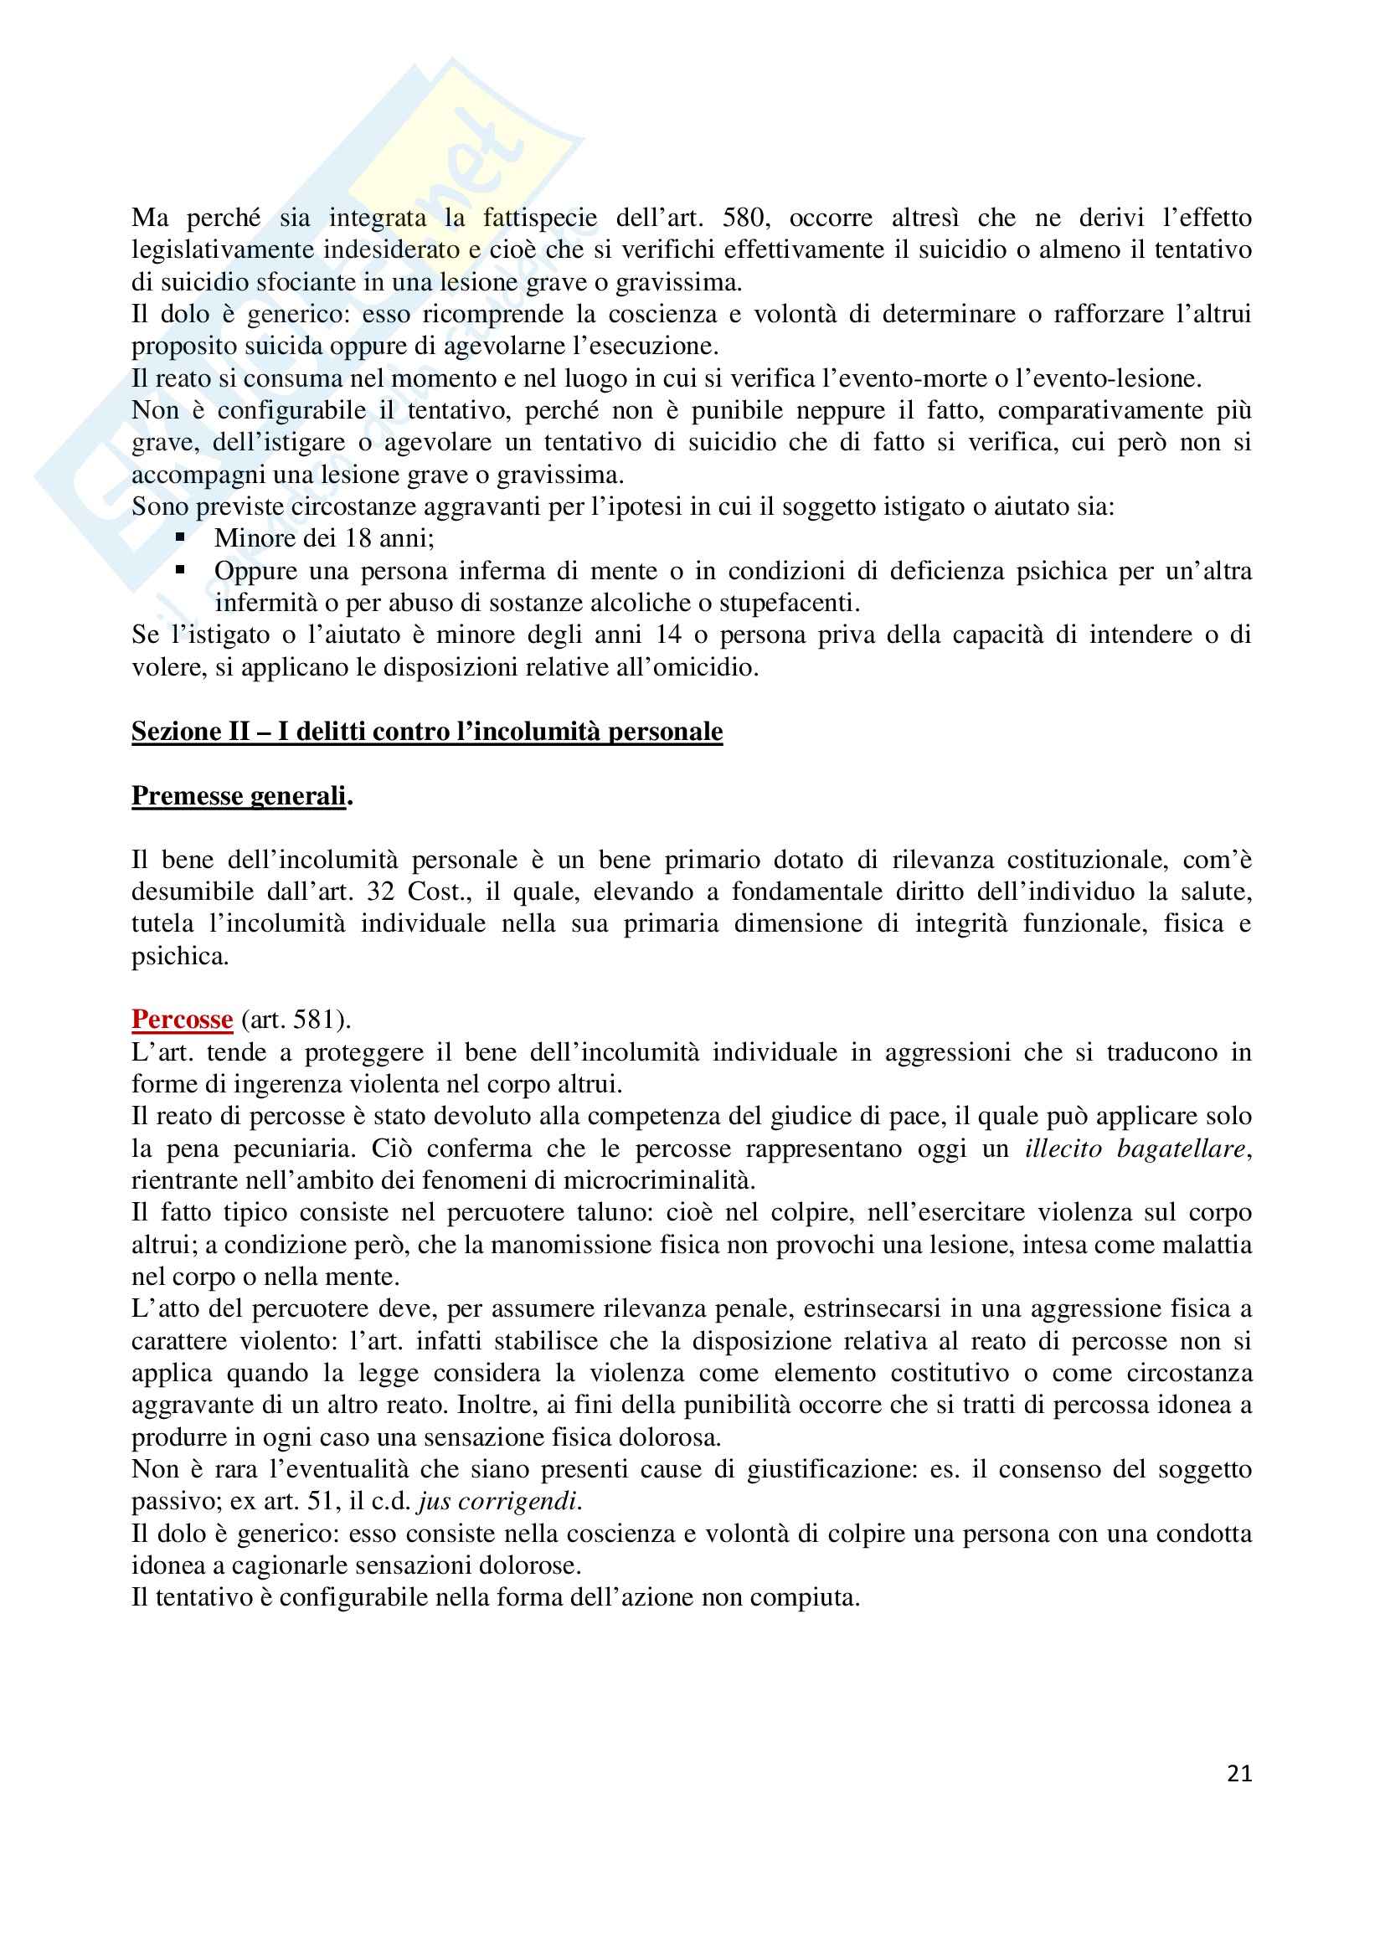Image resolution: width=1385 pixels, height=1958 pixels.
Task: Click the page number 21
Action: (1239, 1774)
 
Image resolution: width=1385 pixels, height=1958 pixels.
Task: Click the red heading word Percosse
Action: (182, 1020)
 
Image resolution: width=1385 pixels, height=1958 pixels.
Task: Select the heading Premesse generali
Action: (241, 795)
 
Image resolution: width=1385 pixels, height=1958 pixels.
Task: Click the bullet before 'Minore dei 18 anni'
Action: (180, 538)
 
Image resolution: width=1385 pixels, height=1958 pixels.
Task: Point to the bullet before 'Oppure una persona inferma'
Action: (180, 570)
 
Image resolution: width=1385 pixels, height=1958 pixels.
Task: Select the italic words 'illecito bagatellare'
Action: (1136, 1149)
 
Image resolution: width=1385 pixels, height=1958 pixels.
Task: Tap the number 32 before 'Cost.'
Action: (381, 892)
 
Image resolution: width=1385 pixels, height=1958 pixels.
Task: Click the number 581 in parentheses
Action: (321, 1020)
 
